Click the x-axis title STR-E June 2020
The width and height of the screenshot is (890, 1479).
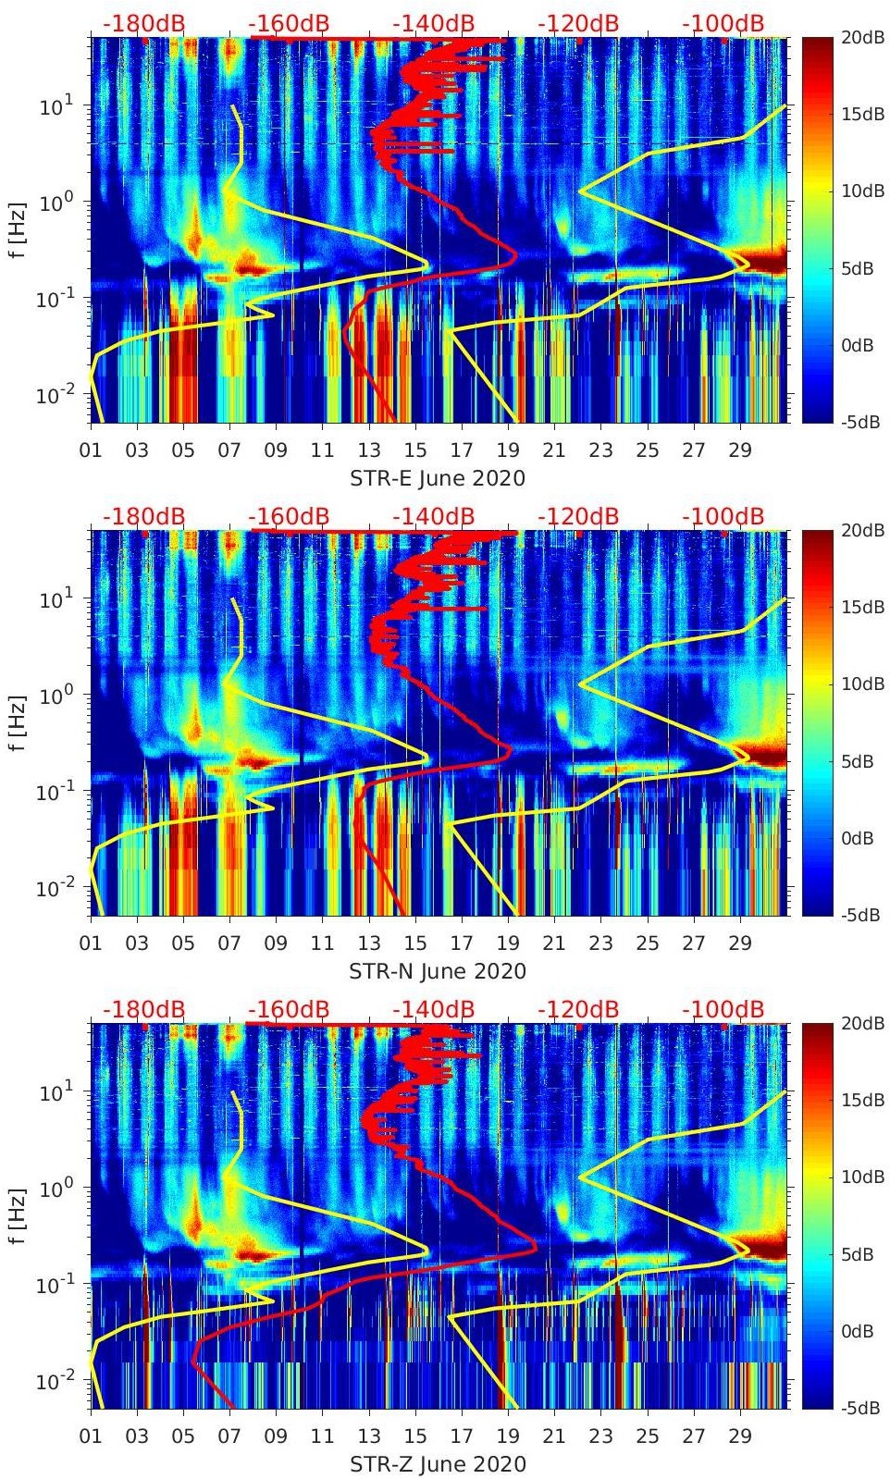[x=437, y=478]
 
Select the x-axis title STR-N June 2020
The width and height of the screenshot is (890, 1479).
[x=437, y=971]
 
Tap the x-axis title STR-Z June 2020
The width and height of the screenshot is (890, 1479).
[x=437, y=1464]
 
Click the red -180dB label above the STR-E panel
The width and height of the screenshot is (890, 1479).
[x=143, y=23]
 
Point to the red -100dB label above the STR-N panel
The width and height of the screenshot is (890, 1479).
[x=723, y=516]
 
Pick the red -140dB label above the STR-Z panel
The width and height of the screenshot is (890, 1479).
[x=433, y=1009]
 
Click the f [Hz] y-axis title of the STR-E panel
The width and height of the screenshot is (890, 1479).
[x=18, y=229]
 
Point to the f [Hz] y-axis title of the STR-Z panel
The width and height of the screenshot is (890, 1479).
[x=18, y=1215]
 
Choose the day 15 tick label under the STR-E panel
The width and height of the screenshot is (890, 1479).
[x=415, y=450]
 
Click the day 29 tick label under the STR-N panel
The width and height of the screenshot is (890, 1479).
[x=740, y=943]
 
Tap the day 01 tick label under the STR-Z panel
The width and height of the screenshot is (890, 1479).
[x=91, y=1436]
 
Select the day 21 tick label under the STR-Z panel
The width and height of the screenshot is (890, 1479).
[x=554, y=1436]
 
